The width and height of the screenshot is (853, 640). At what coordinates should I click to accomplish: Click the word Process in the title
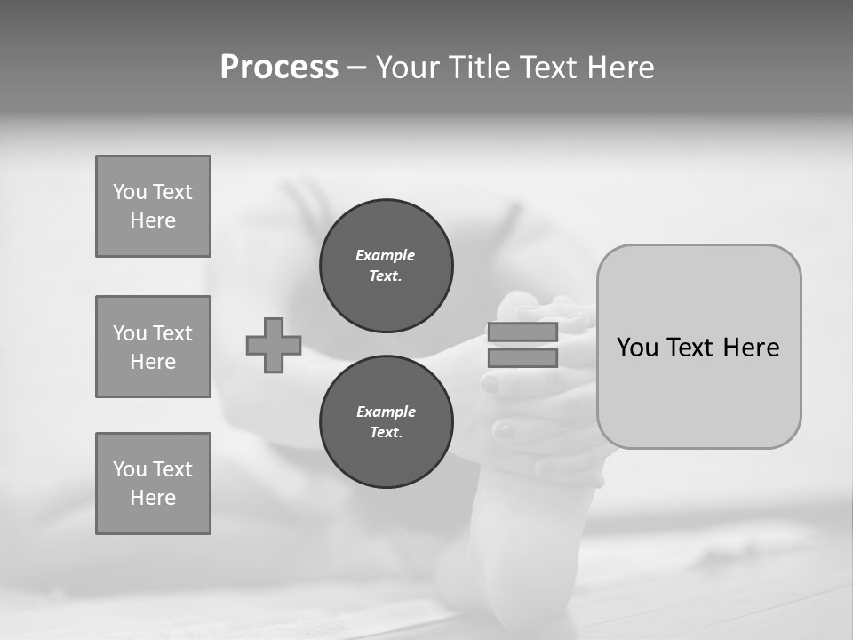(279, 68)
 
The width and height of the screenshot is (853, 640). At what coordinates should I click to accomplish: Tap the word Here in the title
(622, 68)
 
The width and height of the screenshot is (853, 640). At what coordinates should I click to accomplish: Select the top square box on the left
(153, 206)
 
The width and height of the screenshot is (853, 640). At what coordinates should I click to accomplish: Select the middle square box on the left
(153, 347)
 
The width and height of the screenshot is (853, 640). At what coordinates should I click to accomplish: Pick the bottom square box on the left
(153, 484)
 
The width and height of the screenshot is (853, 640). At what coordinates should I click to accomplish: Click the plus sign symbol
(274, 345)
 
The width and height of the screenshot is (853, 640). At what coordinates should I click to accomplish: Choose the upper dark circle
(387, 266)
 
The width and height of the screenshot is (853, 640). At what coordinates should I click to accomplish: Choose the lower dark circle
(387, 422)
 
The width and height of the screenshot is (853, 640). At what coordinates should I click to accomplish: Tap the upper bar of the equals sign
(522, 332)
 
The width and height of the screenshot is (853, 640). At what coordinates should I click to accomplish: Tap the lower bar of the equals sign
(522, 358)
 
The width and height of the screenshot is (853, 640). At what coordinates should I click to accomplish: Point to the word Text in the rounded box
(692, 348)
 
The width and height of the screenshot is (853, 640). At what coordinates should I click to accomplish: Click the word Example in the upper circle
(386, 255)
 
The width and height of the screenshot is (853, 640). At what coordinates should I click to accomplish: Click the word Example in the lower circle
(386, 412)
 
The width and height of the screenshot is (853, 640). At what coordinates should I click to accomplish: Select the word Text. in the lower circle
(386, 433)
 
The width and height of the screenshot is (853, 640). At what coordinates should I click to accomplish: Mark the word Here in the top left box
(153, 220)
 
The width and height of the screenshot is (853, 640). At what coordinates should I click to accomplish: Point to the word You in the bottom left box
(129, 469)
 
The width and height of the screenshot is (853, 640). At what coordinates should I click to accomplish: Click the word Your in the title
(409, 68)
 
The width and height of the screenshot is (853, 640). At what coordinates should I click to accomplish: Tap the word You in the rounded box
(637, 348)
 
